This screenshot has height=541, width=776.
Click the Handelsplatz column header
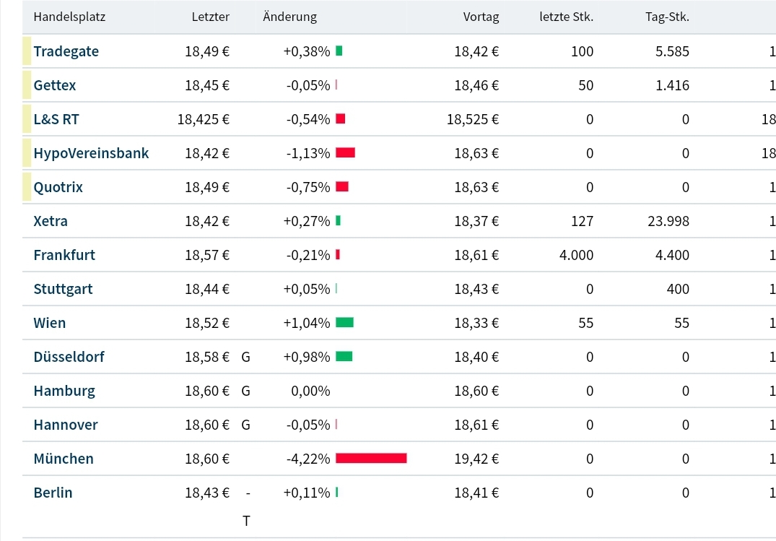tap(69, 17)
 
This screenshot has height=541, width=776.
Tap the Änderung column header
tap(289, 17)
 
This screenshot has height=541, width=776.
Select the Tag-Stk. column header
tap(667, 17)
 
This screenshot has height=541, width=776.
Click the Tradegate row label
tap(66, 51)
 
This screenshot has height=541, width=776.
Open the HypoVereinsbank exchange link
tap(91, 153)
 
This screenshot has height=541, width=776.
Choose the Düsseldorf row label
tap(69, 357)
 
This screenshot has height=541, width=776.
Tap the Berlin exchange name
tap(53, 493)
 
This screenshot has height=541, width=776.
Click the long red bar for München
tap(371, 459)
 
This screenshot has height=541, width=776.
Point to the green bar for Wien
tap(344, 323)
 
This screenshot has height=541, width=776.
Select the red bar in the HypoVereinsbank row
tap(345, 153)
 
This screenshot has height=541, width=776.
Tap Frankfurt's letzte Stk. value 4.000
tap(577, 255)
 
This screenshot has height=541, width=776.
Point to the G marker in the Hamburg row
tap(245, 391)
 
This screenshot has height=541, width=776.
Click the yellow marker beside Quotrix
tap(27, 187)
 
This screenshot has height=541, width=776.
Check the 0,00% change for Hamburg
tap(310, 391)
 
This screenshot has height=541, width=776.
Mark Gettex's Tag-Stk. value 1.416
tap(672, 85)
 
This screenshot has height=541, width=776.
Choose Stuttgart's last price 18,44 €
tap(207, 289)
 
